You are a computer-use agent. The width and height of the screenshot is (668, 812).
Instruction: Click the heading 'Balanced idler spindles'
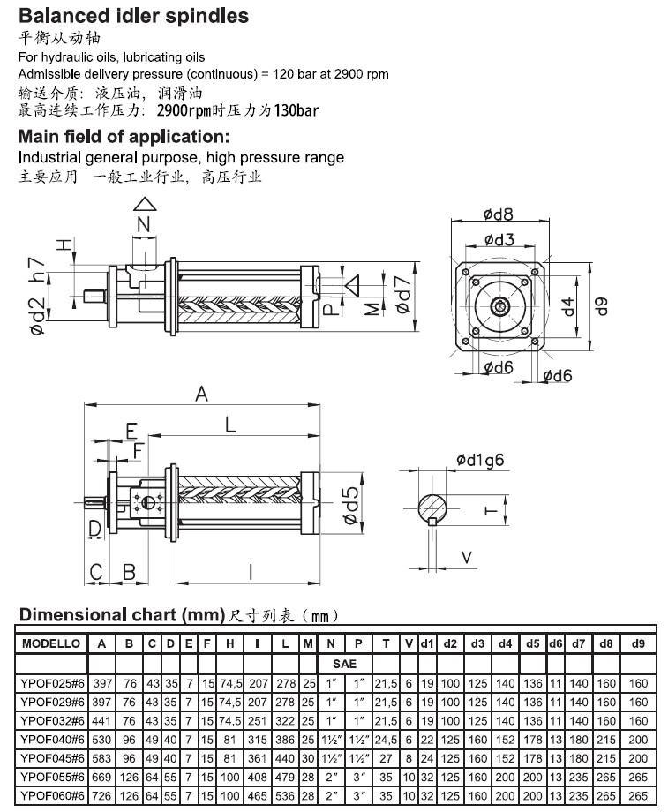(133, 15)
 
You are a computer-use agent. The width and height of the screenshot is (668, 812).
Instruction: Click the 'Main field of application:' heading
(124, 137)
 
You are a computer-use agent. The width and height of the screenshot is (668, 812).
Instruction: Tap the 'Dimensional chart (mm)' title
(120, 614)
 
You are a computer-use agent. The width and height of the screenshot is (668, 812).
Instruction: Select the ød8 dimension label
(499, 213)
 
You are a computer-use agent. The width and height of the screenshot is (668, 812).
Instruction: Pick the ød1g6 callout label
(480, 460)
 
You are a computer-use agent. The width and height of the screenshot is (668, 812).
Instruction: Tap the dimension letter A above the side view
(201, 395)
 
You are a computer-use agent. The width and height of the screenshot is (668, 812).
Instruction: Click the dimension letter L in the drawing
(230, 425)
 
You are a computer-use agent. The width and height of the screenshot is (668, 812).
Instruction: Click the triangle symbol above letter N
(144, 206)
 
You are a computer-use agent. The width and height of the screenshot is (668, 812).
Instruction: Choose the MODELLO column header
(51, 644)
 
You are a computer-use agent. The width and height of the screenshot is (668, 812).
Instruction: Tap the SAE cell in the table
(344, 662)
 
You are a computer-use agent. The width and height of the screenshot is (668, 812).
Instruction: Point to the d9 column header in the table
(637, 644)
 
